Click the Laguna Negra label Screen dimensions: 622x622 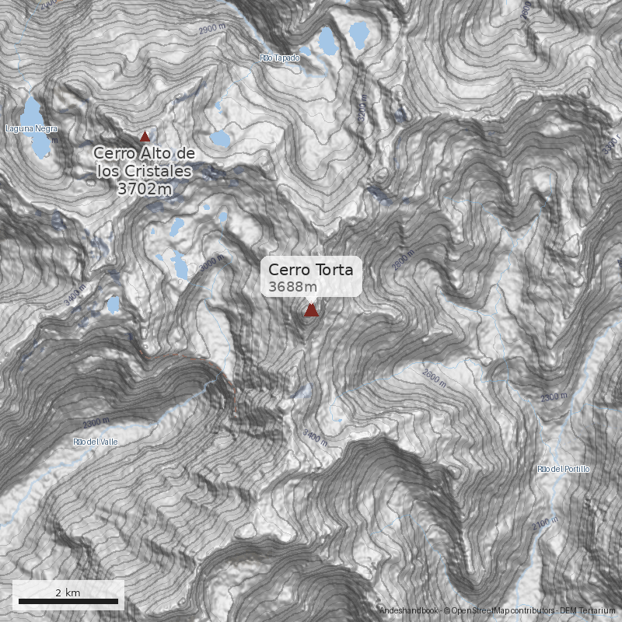(31, 128)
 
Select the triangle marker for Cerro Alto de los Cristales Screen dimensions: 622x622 (144, 135)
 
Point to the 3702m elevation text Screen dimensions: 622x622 (144, 187)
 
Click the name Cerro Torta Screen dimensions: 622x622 (310, 270)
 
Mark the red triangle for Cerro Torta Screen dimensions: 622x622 (311, 310)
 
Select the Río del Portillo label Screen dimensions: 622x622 (564, 469)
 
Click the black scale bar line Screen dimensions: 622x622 (68, 601)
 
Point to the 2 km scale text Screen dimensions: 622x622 (68, 592)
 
